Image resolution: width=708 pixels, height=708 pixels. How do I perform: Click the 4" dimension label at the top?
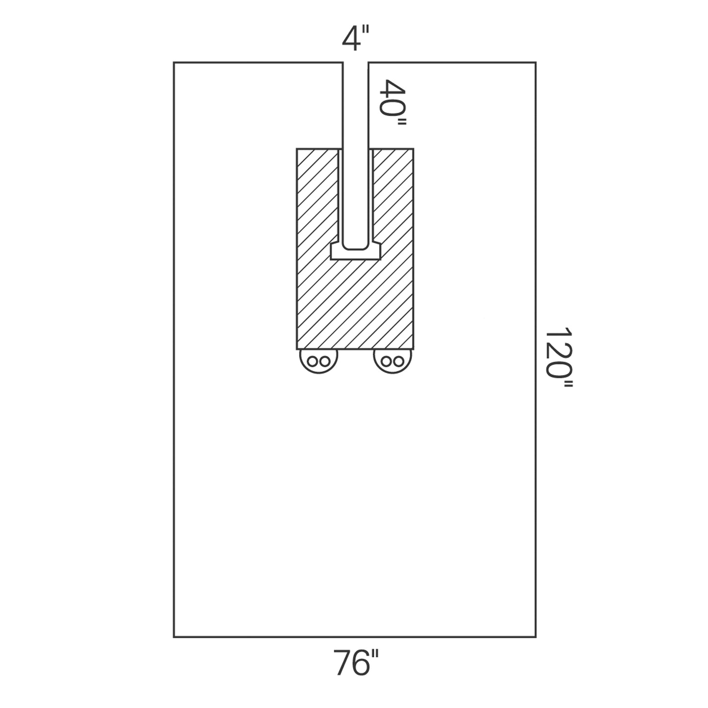[355, 40]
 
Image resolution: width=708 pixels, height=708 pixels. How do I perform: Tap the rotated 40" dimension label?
[394, 104]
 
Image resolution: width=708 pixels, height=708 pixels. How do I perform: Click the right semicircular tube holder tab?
[392, 362]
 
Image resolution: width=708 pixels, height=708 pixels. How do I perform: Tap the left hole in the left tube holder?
[312, 362]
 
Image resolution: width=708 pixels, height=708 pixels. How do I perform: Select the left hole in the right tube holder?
[387, 362]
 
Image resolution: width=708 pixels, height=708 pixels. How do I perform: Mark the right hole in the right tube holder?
[398, 362]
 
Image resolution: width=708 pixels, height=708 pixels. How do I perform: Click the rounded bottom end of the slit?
[355, 245]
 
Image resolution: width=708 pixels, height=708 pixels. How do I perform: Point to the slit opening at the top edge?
[355, 63]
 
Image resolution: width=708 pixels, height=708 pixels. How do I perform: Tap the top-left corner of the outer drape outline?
[174, 63]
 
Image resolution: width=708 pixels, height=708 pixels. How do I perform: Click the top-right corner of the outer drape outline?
[536, 63]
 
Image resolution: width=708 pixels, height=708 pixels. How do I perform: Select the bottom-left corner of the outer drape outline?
[174, 637]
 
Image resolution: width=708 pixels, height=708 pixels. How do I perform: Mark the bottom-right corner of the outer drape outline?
[536, 637]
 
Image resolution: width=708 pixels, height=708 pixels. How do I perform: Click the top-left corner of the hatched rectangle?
[297, 149]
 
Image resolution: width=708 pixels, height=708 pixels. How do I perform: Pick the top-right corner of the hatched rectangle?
[414, 149]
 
